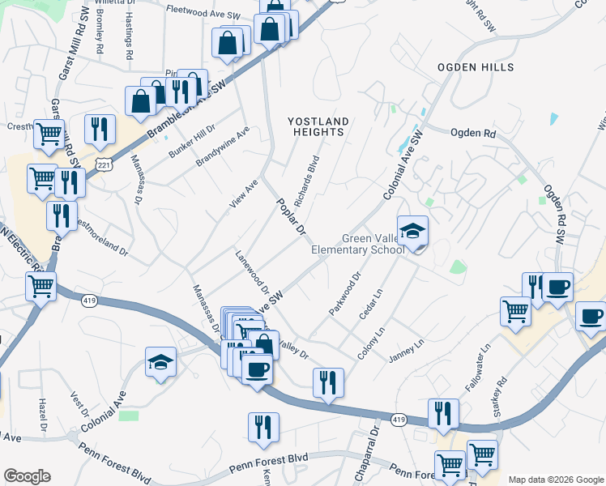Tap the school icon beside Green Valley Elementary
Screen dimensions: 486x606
[x=412, y=231]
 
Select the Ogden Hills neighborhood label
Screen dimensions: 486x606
[x=476, y=66]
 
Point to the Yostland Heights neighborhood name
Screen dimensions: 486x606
[x=319, y=127]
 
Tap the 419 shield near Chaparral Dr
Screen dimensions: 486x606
[x=397, y=420]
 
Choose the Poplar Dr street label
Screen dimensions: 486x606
[x=288, y=217]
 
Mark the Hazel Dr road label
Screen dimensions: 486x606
[x=43, y=413]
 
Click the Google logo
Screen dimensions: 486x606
[x=27, y=476]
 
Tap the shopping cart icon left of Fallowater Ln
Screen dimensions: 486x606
[x=515, y=312]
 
